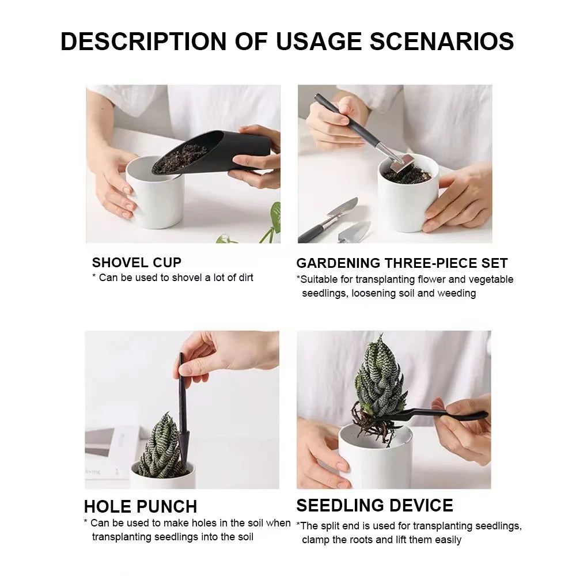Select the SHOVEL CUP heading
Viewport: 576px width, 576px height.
(x=137, y=263)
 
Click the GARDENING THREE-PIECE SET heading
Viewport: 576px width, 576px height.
(x=401, y=263)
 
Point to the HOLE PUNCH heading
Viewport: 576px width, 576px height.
(x=141, y=506)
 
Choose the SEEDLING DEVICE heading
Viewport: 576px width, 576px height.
(x=374, y=506)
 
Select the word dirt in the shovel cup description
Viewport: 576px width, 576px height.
(x=242, y=278)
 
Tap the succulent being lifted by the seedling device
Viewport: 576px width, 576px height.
(x=377, y=374)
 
